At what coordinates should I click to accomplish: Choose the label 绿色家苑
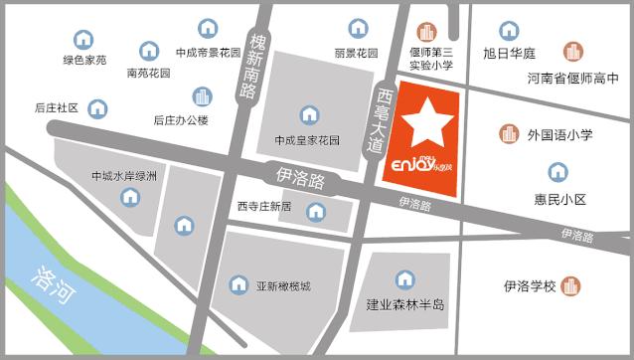click(x=84, y=60)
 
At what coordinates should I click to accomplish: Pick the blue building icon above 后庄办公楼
click(x=203, y=96)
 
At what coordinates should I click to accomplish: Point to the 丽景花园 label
click(x=356, y=53)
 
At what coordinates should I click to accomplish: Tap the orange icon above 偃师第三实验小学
click(x=429, y=32)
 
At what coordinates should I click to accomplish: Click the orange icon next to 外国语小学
click(x=509, y=133)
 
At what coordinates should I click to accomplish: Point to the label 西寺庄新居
click(x=263, y=208)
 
